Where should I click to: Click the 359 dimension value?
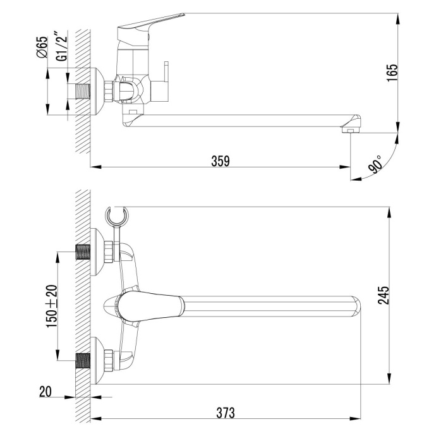tap(220, 161)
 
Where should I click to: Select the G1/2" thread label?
tap(61, 45)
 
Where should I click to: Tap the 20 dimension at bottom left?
tap(45, 392)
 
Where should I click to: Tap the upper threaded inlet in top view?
tap(82, 251)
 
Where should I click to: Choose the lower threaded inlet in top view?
tap(82, 361)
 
